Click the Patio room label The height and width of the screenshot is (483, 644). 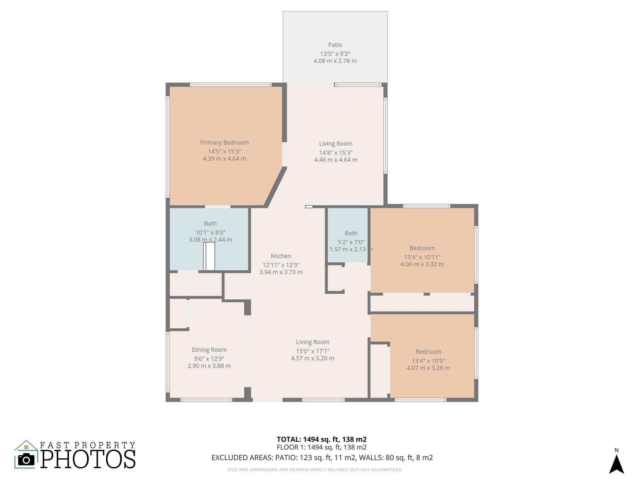[x=335, y=45]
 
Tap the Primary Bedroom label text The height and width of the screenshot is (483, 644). [x=224, y=143]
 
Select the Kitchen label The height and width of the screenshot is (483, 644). [x=281, y=256]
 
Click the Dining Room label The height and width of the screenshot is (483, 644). [x=209, y=350]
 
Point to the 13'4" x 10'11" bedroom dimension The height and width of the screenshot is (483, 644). [x=422, y=257]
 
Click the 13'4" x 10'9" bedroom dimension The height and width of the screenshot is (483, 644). [x=428, y=361]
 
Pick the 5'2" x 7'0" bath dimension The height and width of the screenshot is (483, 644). [x=351, y=242]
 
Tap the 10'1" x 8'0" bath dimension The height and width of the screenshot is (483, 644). [x=210, y=233]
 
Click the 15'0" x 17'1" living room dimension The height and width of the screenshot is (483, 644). [x=312, y=351]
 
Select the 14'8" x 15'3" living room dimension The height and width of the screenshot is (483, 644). [x=336, y=153]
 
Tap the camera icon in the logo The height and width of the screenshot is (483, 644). [x=26, y=460]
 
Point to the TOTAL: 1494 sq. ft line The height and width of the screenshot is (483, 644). [x=321, y=439]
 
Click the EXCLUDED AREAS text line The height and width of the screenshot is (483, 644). [x=322, y=458]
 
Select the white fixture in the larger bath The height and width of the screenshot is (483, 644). [x=209, y=256]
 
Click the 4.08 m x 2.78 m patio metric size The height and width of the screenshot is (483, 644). [x=335, y=61]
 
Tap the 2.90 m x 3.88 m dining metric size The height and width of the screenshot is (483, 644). [x=209, y=366]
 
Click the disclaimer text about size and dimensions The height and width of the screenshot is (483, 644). [x=314, y=470]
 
